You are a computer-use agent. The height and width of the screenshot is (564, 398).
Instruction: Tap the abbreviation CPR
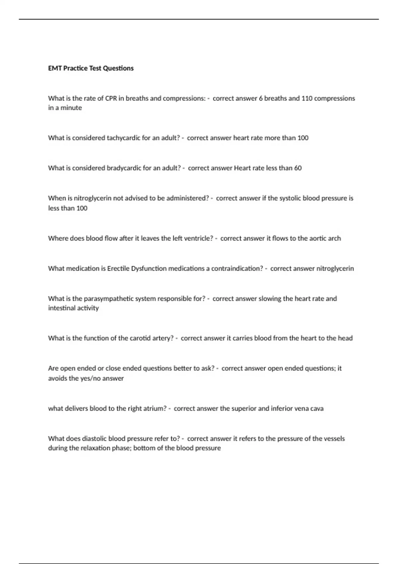[x=111, y=99]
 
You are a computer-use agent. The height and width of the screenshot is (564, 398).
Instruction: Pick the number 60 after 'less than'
[x=298, y=168]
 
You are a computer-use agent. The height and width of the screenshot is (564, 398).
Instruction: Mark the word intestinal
[x=61, y=308]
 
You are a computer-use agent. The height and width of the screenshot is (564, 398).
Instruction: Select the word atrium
[x=155, y=409]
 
